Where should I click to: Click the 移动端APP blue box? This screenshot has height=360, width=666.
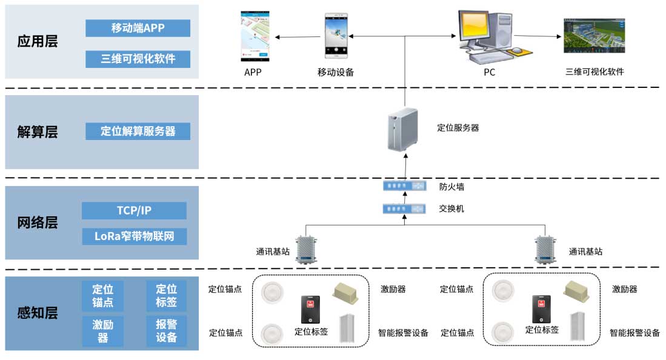coord(138,28)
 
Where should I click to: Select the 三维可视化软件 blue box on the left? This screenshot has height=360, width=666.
coord(138,59)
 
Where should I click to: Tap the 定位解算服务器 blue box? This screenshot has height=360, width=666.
coord(138,131)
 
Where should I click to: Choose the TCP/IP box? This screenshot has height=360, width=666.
coord(134,210)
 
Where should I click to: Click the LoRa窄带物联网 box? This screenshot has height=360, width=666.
coord(134,236)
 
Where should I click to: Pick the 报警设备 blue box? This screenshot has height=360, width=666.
coord(166,331)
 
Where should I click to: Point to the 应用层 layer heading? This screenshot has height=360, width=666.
coord(38,42)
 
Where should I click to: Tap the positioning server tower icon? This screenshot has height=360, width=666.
coord(402,128)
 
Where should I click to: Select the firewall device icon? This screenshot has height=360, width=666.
coord(404,186)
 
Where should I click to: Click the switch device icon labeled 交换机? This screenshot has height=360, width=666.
coord(404,208)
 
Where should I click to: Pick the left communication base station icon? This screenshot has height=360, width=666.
coord(305,249)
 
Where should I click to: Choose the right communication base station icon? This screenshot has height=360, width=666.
coord(544,249)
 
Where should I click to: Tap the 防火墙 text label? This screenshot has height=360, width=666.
coord(451,187)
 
